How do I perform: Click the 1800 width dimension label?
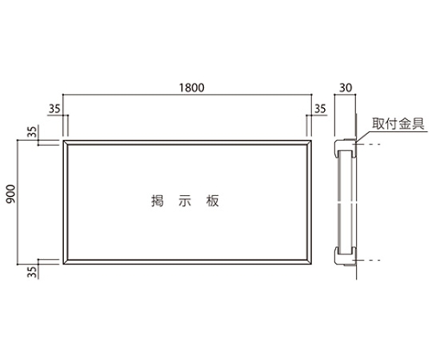click(192, 87)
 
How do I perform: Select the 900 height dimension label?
click(11, 194)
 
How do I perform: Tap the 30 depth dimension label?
click(346, 87)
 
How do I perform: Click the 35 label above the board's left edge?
click(54, 109)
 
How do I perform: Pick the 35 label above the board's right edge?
click(320, 109)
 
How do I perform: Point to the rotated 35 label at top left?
click(33, 132)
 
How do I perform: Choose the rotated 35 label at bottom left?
click(33, 272)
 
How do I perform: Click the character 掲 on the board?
click(157, 201)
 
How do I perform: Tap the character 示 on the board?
click(185, 201)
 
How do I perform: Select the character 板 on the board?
click(213, 201)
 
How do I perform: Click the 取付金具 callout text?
click(398, 123)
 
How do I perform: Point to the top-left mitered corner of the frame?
click(63, 141)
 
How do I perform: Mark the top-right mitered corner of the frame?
click(311, 141)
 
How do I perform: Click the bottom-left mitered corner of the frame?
click(63, 264)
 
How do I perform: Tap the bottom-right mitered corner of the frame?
click(311, 264)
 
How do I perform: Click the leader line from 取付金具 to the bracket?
click(364, 136)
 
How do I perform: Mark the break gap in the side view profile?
click(346, 203)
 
